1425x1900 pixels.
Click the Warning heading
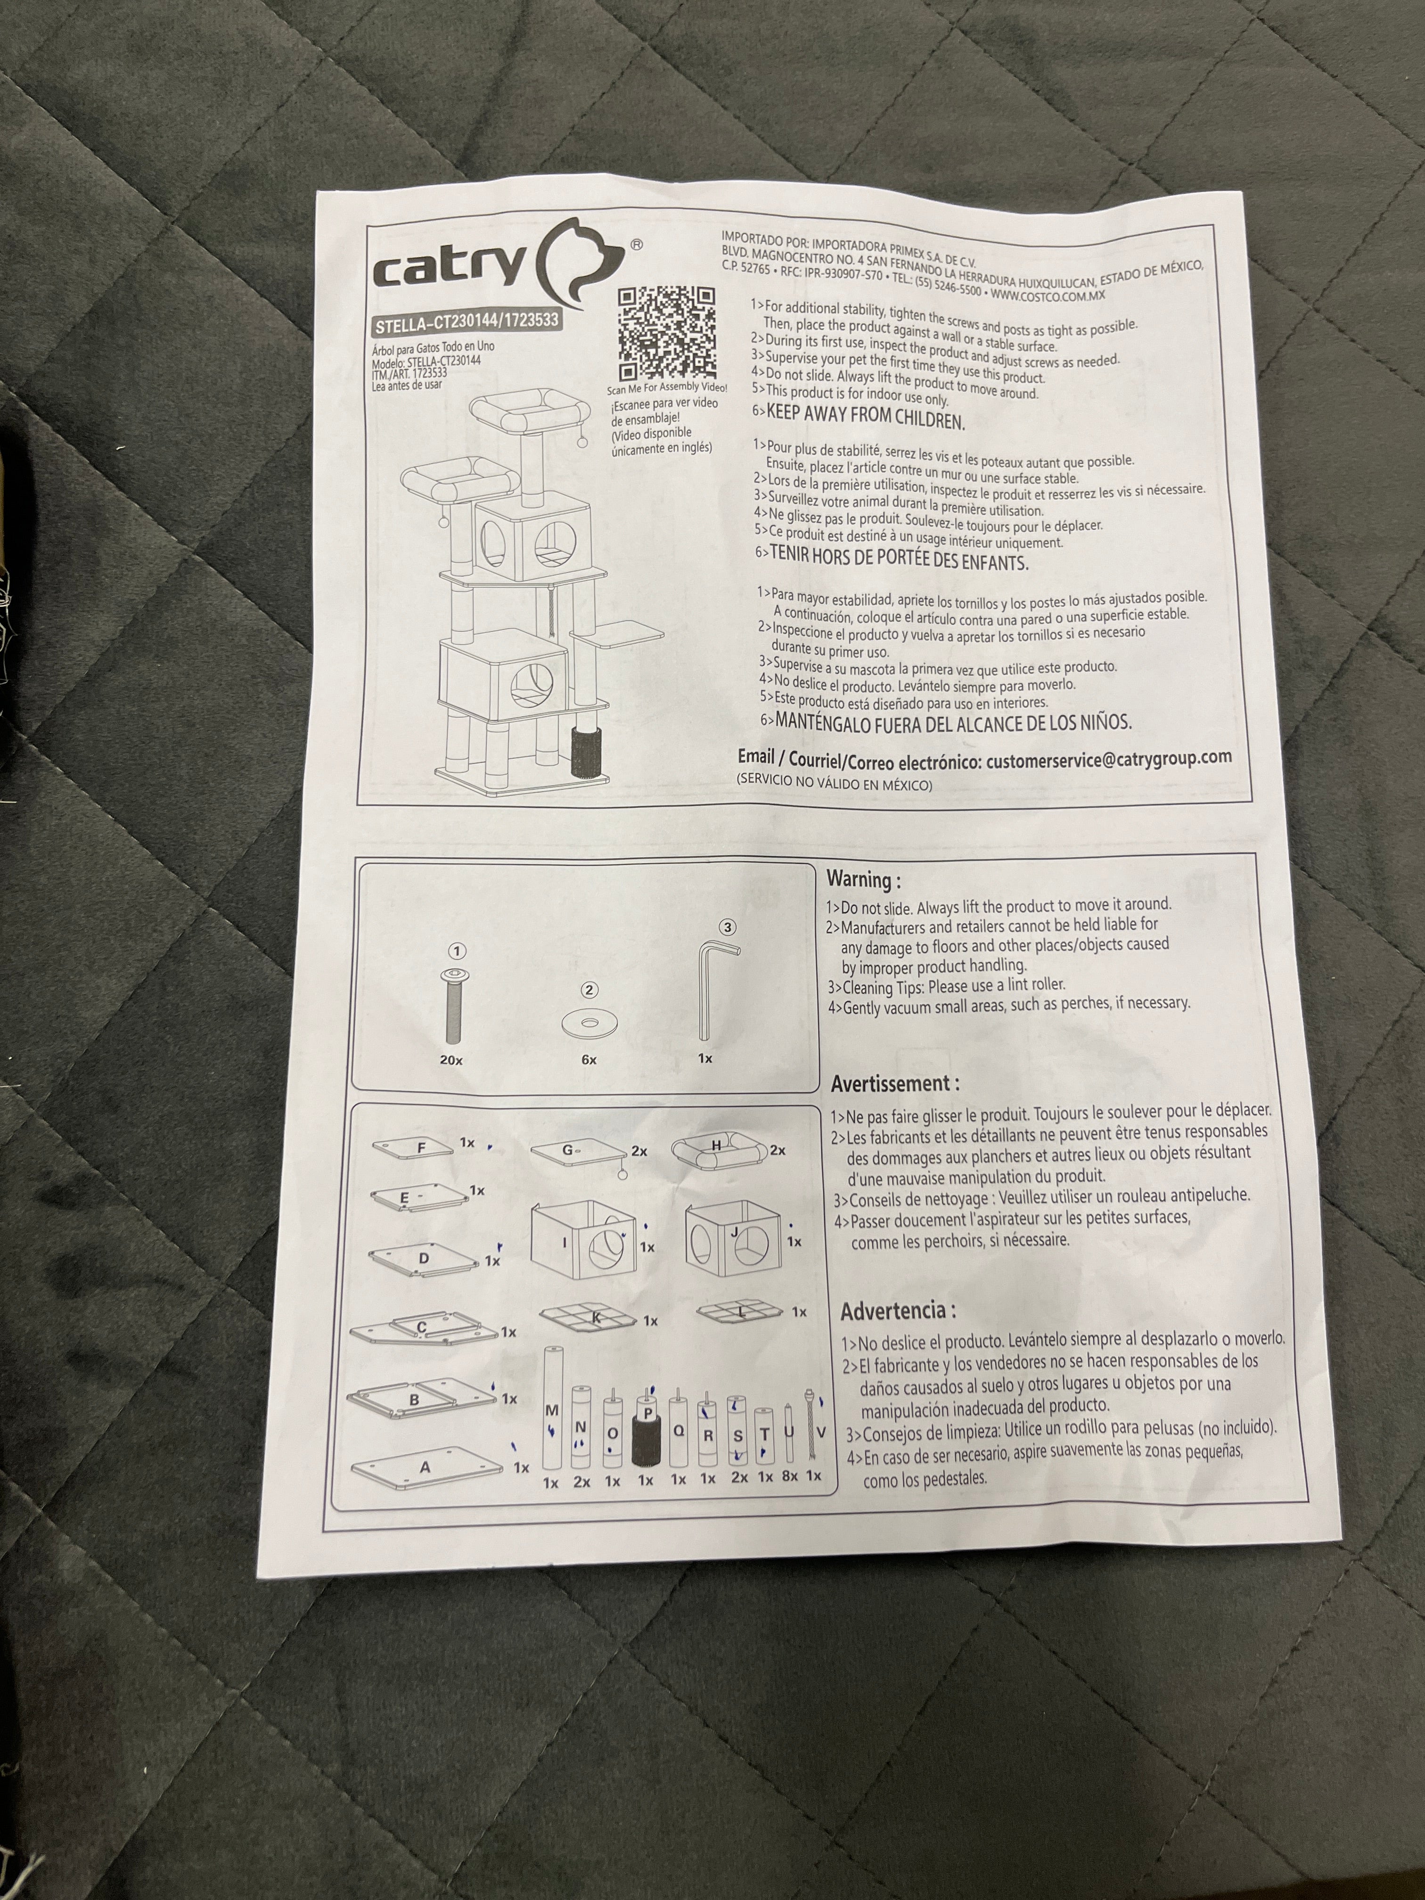point(864,880)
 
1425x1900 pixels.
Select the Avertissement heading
point(895,1083)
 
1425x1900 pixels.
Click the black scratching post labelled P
point(644,1427)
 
